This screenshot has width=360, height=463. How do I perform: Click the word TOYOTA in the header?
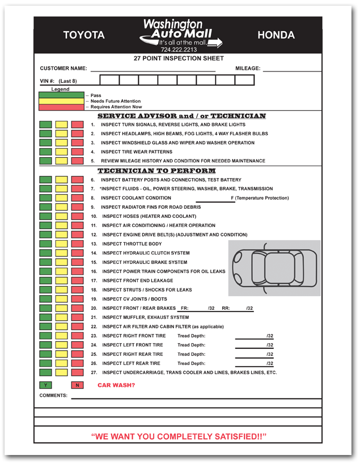tap(84, 35)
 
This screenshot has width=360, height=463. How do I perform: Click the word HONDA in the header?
tap(276, 35)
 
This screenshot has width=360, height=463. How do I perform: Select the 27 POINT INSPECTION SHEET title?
tap(179, 58)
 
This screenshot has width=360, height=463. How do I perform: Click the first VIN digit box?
tap(109, 81)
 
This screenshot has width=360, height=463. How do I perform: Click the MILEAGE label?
tap(248, 69)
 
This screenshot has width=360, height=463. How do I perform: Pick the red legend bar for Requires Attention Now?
tap(61, 107)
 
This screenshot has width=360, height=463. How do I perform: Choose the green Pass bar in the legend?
tap(61, 95)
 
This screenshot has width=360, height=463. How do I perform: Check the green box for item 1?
tap(45, 125)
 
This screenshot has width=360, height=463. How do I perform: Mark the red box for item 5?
tap(77, 161)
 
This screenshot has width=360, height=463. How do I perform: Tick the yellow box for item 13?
tap(61, 244)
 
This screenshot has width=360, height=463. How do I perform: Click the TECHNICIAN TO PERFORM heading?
tap(156, 171)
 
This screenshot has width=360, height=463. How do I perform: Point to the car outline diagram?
tap(274, 268)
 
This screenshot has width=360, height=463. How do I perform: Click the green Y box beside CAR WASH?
tap(45, 385)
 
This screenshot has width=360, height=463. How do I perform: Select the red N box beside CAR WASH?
tap(77, 385)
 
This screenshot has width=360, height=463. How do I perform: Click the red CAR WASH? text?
tap(116, 385)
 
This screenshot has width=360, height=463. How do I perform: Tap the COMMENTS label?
tap(53, 395)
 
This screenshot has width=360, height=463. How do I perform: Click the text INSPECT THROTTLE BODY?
tap(132, 244)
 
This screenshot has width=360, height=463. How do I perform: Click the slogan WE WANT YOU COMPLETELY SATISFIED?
tap(179, 436)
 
